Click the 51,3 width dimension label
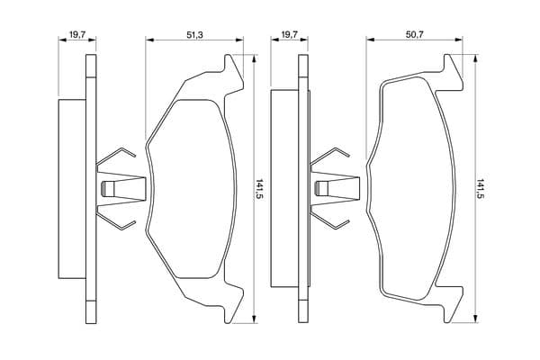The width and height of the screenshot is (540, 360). pos(194,35)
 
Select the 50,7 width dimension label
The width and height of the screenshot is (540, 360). pos(415,35)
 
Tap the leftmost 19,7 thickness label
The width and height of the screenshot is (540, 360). pos(77,35)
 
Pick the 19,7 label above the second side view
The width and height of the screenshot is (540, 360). pos(289,35)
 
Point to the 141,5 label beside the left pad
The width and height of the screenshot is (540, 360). pos(260,189)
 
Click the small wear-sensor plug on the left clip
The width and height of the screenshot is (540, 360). pos(107,189)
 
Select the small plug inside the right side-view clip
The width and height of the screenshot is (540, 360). pos(322,189)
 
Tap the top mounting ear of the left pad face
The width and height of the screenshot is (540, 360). pos(233,72)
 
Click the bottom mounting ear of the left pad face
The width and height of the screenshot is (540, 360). pos(233,305)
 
